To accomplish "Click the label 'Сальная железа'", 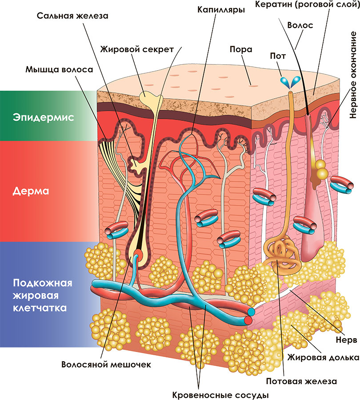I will (x=72, y=16).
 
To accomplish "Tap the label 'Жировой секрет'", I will (x=137, y=49).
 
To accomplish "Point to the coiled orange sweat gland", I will (x=281, y=256).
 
